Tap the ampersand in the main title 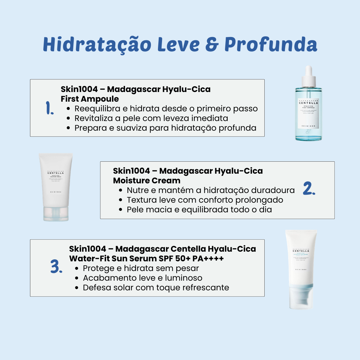pos(211,44)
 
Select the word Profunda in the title pos(270,44)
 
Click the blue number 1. pos(50,108)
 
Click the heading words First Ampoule pos(90,99)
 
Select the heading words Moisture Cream pos(147,180)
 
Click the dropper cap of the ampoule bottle pos(308,75)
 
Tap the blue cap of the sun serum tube pos(301,297)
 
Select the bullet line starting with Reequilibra pos(166,109)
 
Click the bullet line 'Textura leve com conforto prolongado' pos(205,200)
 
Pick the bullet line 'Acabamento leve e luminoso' pos(142,278)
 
